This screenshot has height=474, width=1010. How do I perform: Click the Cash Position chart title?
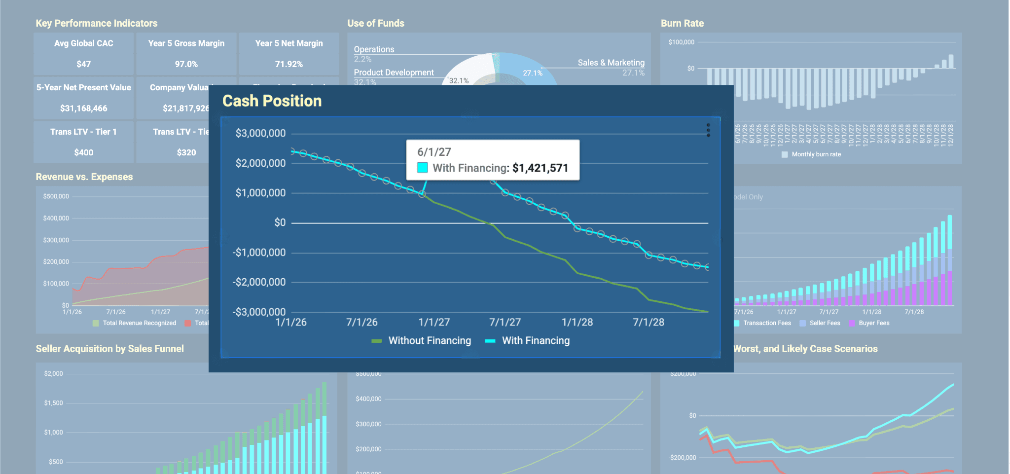272,101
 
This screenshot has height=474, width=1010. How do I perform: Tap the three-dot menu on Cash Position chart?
708,130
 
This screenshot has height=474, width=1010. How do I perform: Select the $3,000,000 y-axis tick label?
260,133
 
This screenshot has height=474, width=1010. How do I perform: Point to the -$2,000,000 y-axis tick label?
259,282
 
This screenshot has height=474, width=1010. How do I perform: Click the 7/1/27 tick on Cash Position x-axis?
505,323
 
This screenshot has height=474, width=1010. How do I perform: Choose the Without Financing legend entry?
429,341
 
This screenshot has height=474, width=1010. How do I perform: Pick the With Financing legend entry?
535,341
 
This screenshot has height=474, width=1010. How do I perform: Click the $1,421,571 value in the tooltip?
540,168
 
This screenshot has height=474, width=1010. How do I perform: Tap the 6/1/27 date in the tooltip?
434,152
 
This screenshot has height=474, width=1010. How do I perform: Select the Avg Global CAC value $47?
84,64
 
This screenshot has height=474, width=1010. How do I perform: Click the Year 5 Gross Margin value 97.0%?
186,64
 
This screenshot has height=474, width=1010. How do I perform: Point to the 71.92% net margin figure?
289,64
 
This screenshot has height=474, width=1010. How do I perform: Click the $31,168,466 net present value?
84,109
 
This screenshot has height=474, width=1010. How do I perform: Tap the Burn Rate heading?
682,23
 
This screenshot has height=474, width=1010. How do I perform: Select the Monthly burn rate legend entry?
816,154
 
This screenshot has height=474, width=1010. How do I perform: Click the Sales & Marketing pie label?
611,63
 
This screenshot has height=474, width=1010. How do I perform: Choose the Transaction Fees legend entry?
766,323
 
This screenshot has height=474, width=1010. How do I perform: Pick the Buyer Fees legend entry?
873,323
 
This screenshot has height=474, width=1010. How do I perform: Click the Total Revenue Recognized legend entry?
139,323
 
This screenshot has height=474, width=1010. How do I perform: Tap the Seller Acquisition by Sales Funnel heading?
109,349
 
